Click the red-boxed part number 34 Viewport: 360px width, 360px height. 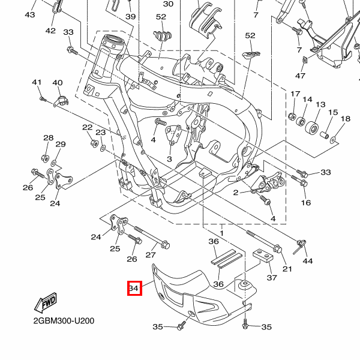coord(134,290)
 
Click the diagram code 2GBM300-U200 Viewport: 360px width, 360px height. coord(64,320)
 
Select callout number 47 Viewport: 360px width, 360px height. coord(300,76)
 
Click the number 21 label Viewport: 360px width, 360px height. coord(287,268)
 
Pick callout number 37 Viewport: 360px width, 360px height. coord(272,278)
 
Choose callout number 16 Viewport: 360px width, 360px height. coord(306,203)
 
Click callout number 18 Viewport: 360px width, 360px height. coord(345,119)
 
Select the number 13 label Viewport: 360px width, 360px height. coord(320,104)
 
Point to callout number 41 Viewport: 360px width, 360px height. coord(37,82)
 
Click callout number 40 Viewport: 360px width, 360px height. coord(58,82)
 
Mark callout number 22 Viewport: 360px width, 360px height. coord(88,127)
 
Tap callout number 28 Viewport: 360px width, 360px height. coord(48,139)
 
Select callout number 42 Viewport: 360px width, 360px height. coord(50,31)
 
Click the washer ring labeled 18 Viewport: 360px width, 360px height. coord(334,141)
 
